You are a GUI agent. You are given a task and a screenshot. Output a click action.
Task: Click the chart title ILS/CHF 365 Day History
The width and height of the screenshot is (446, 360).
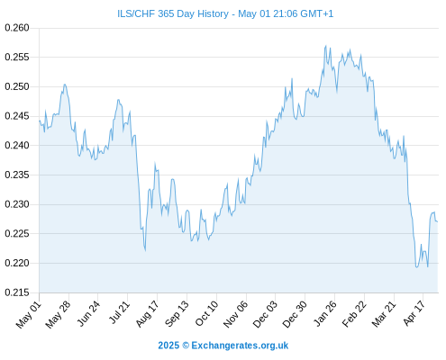(173, 13)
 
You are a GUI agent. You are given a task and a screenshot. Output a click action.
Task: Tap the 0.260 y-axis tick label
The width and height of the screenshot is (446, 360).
(17, 28)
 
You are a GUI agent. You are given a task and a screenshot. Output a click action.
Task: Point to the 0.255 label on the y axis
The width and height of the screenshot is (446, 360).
(17, 57)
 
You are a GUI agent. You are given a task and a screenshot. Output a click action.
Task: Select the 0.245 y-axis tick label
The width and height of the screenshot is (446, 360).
(17, 116)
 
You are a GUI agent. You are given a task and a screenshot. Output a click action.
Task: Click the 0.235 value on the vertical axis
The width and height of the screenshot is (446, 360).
(17, 175)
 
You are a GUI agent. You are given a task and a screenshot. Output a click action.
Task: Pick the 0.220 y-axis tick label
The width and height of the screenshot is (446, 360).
(17, 263)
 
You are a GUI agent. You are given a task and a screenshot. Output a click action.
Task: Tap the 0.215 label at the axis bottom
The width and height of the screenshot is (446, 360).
(17, 292)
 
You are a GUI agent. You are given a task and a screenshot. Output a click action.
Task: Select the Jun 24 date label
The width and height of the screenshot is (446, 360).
(88, 314)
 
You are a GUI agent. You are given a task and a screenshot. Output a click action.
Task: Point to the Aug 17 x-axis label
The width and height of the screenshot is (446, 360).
(147, 314)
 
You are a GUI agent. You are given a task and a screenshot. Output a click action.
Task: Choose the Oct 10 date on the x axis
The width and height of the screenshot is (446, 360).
(206, 314)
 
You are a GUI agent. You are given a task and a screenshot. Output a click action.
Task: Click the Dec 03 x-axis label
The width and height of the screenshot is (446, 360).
(265, 314)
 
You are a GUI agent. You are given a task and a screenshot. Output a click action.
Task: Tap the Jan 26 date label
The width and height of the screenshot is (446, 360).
(324, 314)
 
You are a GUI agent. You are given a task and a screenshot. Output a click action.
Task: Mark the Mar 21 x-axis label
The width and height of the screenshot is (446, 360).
(384, 314)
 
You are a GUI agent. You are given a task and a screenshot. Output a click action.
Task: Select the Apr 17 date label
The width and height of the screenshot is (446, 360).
(414, 313)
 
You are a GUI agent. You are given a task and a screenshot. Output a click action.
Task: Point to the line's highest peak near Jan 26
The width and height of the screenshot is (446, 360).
(325, 46)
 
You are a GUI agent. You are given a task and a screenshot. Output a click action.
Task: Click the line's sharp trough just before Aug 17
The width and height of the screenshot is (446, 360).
(145, 250)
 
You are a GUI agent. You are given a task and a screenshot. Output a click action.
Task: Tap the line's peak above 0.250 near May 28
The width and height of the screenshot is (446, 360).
(65, 85)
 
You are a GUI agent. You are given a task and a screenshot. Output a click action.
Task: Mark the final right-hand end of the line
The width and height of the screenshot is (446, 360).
(438, 221)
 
